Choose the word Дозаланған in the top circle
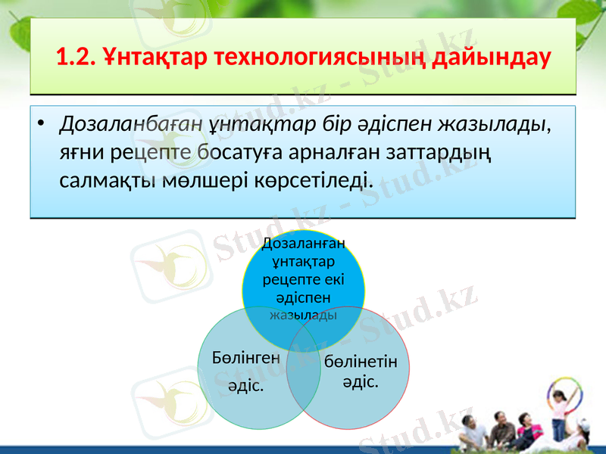pyautogui.click(x=303, y=243)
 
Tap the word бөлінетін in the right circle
pyautogui.click(x=366, y=361)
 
